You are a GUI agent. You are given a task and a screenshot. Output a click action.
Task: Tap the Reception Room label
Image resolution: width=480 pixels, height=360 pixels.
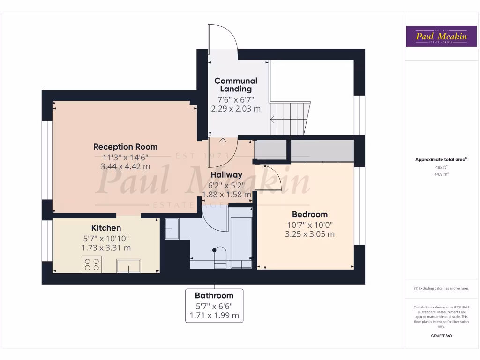(x=125, y=147)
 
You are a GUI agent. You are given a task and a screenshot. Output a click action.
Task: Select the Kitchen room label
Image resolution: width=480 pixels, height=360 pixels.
(x=106, y=228)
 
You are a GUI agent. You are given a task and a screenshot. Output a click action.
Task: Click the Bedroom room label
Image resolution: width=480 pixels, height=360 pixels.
(x=310, y=214)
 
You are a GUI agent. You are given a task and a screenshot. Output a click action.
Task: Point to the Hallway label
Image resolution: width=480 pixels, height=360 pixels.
(x=226, y=175)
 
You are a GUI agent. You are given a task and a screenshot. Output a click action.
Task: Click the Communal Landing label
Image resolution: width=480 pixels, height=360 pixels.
(x=236, y=85)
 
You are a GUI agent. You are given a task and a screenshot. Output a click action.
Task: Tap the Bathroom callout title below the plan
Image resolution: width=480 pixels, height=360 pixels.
(x=214, y=295)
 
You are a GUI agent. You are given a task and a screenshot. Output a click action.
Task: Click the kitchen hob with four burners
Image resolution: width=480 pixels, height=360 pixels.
(x=91, y=265)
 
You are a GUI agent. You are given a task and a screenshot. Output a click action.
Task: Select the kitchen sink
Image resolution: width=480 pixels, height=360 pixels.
(x=128, y=265)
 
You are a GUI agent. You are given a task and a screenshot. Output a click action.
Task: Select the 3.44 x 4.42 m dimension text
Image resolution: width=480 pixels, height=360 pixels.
(x=125, y=166)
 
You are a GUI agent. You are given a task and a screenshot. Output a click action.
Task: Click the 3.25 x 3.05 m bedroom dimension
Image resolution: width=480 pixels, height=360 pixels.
(x=310, y=234)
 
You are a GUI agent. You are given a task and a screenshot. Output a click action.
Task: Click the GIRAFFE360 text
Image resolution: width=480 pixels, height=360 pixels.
(x=441, y=336)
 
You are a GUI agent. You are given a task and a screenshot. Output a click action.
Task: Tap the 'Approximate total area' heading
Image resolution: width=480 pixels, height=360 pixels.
(x=441, y=159)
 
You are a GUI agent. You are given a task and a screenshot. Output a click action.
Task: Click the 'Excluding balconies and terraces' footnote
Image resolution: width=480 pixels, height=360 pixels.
(x=441, y=288)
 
